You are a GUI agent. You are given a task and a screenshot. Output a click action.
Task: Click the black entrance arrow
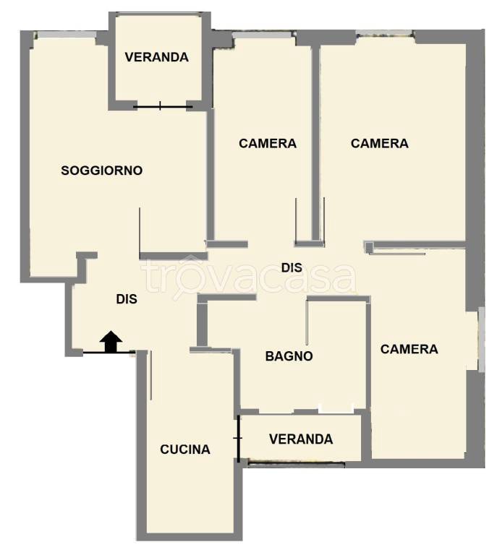pos(111,342)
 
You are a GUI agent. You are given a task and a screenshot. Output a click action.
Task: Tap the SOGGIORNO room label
pos(102,171)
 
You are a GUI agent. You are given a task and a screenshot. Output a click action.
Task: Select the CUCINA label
pos(185,449)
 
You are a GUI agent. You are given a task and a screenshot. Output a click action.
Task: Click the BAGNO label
pos(289,356)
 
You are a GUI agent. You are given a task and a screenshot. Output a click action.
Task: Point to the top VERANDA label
pos(156,57)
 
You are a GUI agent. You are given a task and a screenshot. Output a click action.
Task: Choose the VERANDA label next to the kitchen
pos(301,439)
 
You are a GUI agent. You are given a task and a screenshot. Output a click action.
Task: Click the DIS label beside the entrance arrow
pos(127,299)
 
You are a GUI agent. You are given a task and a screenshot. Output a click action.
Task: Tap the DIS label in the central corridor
pos(292,268)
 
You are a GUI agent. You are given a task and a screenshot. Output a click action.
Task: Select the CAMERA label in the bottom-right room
pos(409,349)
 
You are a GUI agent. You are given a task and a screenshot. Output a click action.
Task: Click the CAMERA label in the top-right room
pos(379,143)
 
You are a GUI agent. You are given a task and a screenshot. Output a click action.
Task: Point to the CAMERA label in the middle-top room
pos(268,143)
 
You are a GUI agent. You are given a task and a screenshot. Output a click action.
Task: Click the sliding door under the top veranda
pos(163,106)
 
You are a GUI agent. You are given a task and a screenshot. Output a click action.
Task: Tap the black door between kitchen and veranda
pos(239,439)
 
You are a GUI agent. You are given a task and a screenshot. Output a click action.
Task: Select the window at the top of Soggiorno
pos(67,35)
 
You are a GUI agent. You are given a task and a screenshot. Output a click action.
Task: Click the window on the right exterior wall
pos(481,340)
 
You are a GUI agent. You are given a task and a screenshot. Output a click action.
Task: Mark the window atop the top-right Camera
pos(386,34)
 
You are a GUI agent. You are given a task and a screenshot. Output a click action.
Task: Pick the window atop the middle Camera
pos(263,35)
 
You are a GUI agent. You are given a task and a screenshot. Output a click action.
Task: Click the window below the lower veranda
pos(296,464)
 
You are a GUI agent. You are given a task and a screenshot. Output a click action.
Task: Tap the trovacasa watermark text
pos(248,277)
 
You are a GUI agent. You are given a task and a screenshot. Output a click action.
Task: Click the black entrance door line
pos(109,353)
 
